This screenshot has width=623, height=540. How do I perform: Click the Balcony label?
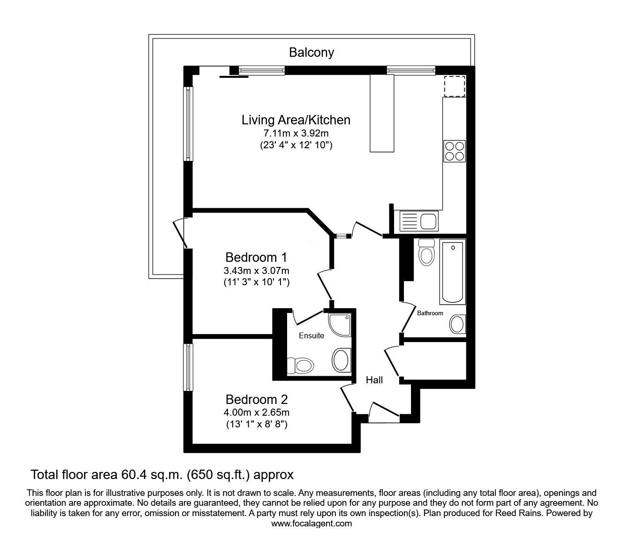311,52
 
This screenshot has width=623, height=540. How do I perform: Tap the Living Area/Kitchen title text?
296,120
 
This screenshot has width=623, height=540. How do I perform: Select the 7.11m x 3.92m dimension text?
296,134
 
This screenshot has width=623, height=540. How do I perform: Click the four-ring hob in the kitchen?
454,151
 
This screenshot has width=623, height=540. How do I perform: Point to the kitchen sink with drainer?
418,221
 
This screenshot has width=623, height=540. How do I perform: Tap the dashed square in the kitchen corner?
454,85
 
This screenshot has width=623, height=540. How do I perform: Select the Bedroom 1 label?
256,258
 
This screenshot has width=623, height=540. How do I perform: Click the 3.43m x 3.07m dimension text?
256,271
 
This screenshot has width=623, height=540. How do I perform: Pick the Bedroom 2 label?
256,400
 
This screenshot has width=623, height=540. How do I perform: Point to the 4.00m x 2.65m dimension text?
256,413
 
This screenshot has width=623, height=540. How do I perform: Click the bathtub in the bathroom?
452,272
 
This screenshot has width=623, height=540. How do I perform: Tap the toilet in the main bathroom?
426,252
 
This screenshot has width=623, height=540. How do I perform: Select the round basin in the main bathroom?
456,324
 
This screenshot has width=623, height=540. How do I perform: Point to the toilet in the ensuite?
300,364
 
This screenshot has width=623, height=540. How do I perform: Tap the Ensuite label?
311,336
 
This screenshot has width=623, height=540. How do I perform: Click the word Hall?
374,380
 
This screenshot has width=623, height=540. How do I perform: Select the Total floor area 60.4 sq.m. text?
162,475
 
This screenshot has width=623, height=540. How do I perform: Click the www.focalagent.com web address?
311,524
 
